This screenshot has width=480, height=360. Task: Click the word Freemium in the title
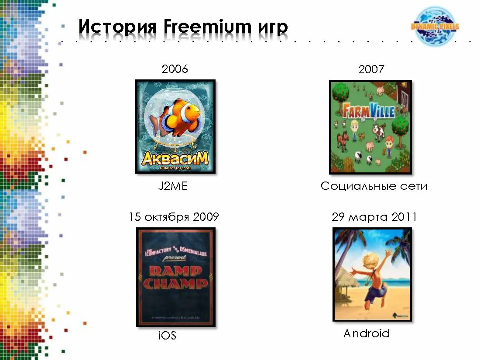(x=206, y=27)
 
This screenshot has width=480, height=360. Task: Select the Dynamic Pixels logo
(x=435, y=27)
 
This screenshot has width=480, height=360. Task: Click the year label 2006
(x=175, y=69)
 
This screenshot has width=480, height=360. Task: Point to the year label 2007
(x=371, y=69)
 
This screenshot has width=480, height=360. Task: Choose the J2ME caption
(x=173, y=186)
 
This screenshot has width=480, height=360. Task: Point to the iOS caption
(x=167, y=336)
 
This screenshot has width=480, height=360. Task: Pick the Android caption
(x=366, y=334)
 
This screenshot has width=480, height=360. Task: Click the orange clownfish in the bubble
(x=179, y=116)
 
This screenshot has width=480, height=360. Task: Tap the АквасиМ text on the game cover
(x=175, y=158)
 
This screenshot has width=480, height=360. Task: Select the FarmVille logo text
(x=369, y=111)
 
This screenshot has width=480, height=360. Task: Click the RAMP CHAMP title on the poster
(x=175, y=278)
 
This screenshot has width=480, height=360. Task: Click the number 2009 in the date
(x=206, y=217)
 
